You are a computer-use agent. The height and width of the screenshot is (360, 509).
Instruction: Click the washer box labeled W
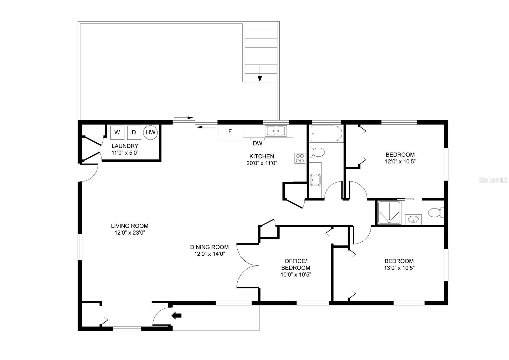click(117, 132)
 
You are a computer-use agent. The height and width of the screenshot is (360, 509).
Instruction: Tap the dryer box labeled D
click(134, 132)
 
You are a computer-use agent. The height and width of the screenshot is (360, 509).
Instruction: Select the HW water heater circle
click(151, 132)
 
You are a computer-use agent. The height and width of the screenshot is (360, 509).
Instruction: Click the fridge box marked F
click(230, 132)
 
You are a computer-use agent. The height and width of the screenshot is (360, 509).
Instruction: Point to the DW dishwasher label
click(258, 144)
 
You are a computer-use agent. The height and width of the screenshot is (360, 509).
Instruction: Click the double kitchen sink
click(276, 131)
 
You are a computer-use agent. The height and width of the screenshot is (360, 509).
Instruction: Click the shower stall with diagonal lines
click(389, 213)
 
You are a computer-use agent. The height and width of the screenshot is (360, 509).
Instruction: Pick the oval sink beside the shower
click(413, 219)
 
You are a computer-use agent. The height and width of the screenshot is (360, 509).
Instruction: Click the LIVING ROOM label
click(129, 226)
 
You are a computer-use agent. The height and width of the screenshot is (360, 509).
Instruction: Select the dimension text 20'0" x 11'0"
click(261, 163)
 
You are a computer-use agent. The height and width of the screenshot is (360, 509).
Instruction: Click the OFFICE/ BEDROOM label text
click(296, 264)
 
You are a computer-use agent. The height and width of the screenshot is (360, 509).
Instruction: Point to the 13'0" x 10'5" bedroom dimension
click(399, 268)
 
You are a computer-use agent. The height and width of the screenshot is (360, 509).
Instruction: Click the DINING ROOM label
click(209, 247)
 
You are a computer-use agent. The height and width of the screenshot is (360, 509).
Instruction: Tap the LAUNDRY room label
click(125, 146)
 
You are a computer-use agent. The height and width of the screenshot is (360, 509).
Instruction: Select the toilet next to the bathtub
click(317, 152)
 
